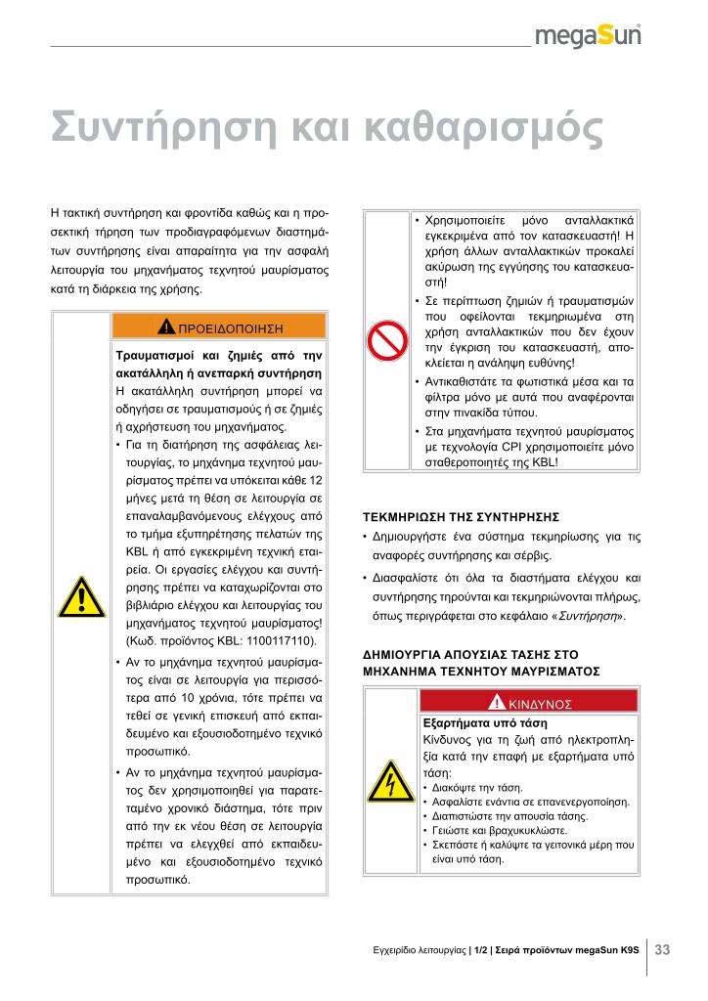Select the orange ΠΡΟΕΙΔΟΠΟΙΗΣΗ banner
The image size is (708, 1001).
click(220, 326)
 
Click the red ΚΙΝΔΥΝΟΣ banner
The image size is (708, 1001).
click(529, 702)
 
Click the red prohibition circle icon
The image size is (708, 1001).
click(387, 341)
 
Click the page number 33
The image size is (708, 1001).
click(662, 949)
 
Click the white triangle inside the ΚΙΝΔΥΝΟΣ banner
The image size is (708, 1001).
click(499, 702)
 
